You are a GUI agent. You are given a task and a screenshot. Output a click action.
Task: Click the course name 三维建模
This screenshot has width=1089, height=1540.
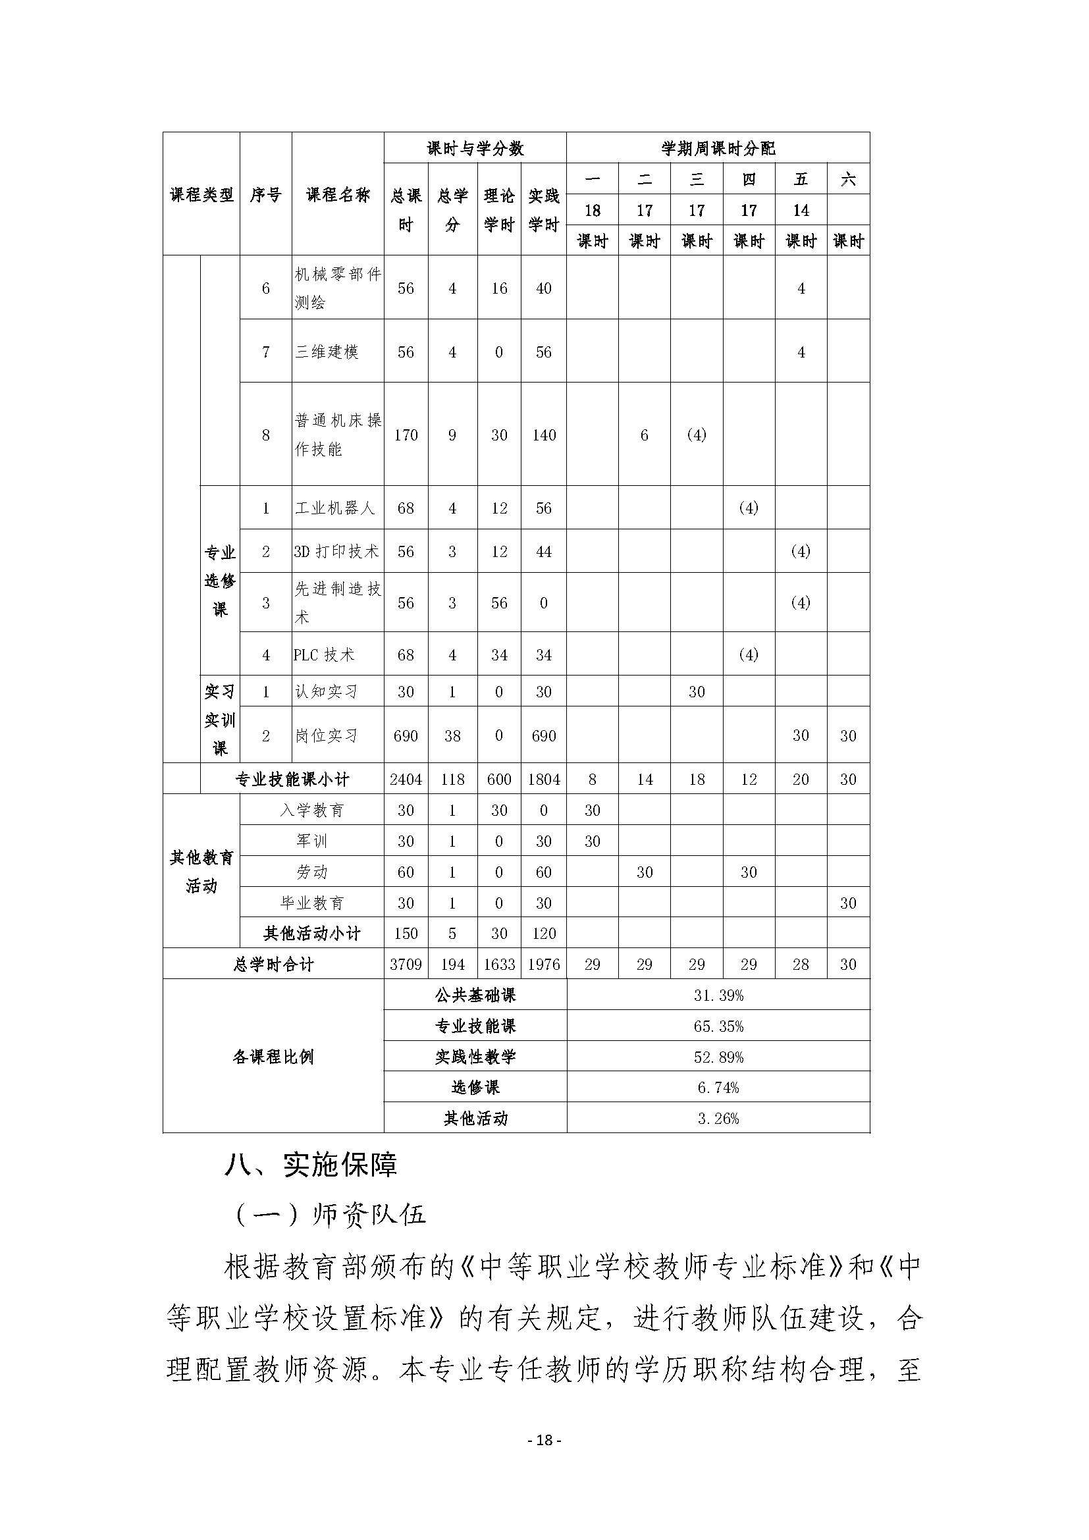(327, 352)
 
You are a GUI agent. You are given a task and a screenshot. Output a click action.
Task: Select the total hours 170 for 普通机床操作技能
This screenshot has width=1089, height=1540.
(406, 435)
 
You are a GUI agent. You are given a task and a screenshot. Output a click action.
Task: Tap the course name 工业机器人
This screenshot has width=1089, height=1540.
(334, 508)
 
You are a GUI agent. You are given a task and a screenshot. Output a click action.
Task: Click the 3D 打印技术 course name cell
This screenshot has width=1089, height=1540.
(336, 551)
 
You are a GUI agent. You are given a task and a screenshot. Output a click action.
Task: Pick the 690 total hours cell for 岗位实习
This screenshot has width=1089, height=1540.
(406, 736)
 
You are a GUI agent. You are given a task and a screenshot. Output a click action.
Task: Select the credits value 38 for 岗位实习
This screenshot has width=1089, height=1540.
(452, 736)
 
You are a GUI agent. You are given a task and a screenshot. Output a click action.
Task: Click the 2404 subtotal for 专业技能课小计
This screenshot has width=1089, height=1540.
(406, 780)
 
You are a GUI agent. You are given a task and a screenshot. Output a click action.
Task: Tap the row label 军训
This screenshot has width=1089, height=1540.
(312, 841)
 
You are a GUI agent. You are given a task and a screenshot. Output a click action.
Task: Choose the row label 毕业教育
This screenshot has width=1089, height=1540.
(312, 903)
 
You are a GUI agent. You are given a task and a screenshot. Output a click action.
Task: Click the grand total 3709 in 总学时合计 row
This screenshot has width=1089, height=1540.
(406, 965)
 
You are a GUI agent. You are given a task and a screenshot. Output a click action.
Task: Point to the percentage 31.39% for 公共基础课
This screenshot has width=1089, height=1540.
(718, 996)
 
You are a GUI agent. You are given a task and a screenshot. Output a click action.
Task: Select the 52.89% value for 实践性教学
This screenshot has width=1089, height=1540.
(718, 1057)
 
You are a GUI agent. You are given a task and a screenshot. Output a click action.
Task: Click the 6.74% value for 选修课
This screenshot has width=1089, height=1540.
(718, 1087)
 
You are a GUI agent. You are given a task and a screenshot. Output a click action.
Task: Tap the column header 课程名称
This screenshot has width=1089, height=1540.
(338, 195)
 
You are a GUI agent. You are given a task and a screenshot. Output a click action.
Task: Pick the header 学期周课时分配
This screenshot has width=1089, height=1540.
(718, 148)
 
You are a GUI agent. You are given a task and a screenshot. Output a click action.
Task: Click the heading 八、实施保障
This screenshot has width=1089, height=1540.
(311, 1165)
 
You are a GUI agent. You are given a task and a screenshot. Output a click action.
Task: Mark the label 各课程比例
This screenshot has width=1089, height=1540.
(273, 1057)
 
